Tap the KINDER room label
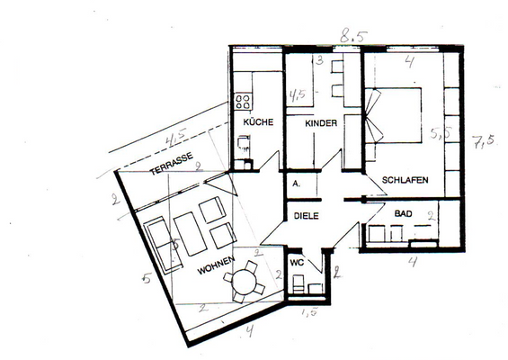pos(320,122)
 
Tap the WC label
pos(298,262)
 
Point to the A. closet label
pos(296,183)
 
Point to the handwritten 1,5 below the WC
pos(309,311)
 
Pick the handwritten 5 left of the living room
pos(146,278)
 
